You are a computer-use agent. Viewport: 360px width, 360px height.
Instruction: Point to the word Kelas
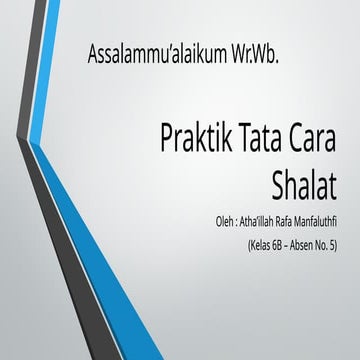coord(252,241)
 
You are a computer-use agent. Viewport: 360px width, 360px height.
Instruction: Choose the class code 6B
coord(274,241)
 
